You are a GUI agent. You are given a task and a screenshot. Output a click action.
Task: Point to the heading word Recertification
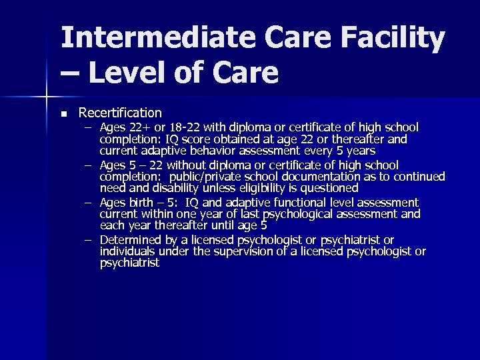(x=120, y=113)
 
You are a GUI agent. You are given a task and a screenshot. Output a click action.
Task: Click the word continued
(x=419, y=177)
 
